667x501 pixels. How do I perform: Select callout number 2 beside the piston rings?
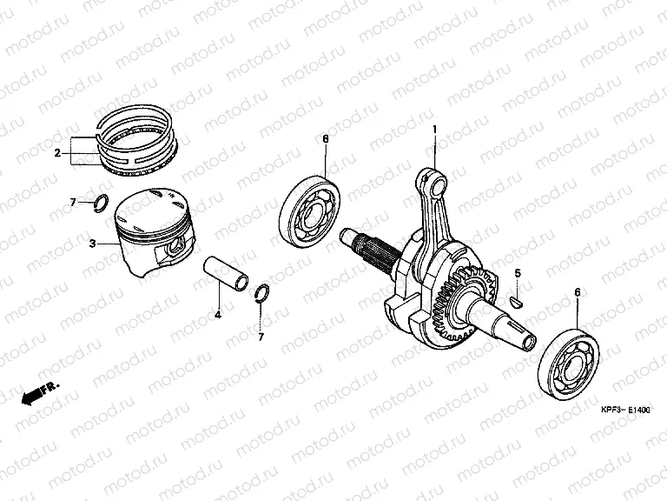57,154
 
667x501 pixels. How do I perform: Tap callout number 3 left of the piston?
92,244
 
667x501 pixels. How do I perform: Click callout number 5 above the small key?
517,274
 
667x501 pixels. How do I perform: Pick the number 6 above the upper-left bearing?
326,139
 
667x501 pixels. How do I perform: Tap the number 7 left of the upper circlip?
73,203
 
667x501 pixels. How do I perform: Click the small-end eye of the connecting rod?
435,180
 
